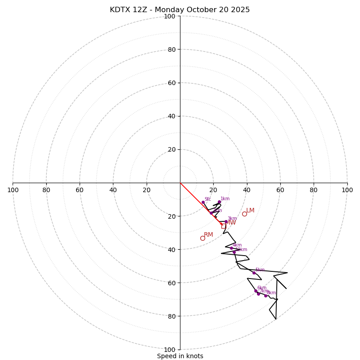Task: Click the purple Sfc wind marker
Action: pyautogui.click(x=203, y=202)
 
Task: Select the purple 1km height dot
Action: pyautogui.click(x=219, y=202)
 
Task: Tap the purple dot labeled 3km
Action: pyautogui.click(x=226, y=221)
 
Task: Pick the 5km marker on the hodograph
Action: pyautogui.click(x=254, y=273)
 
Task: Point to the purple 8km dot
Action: pyautogui.click(x=265, y=296)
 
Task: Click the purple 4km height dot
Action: pyautogui.click(x=231, y=248)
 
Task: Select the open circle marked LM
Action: pyautogui.click(x=244, y=214)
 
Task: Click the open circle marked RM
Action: pyautogui.click(x=202, y=238)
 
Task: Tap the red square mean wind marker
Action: pyautogui.click(x=224, y=226)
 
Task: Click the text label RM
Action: pyautogui.click(x=208, y=235)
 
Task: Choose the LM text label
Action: pyautogui.click(x=250, y=211)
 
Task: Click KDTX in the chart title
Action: pyautogui.click(x=121, y=10)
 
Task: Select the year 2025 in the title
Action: pyautogui.click(x=241, y=10)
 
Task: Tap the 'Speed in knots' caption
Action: pyautogui.click(x=180, y=356)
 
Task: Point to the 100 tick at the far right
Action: pyautogui.click(x=347, y=190)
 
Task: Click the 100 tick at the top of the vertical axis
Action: pyautogui.click(x=170, y=16)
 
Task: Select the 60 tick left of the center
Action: pyautogui.click(x=80, y=190)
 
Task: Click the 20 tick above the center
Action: pyautogui.click(x=171, y=149)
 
